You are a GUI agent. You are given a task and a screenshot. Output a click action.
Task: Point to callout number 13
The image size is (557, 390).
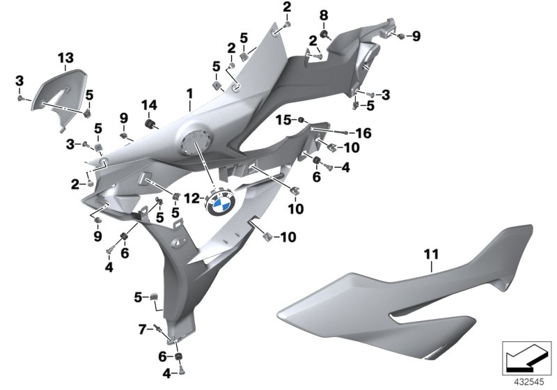tap(65, 56)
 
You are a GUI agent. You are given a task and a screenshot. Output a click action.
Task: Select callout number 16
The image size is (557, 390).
tap(364, 132)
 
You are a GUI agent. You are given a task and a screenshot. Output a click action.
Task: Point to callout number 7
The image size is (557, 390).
tap(142, 327)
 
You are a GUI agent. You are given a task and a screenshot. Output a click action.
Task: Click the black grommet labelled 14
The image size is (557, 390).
tap(148, 125)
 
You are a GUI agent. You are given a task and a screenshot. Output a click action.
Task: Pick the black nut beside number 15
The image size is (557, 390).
tap(301, 121)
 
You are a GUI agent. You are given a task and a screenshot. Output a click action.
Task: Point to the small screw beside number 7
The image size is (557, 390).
tap(159, 329)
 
